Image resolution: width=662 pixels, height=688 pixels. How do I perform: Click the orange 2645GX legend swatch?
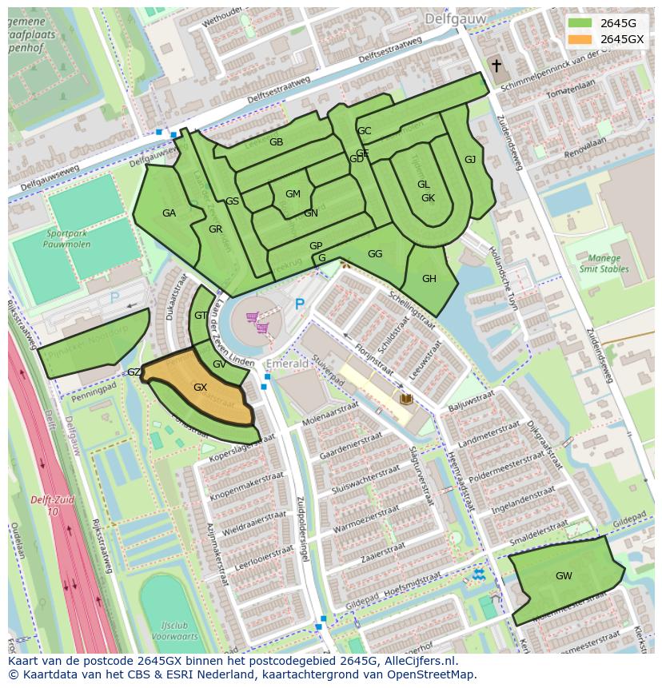click(x=580, y=39)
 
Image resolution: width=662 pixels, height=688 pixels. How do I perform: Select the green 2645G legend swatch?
click(x=580, y=23)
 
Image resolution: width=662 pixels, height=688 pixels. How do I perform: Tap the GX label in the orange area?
click(x=200, y=388)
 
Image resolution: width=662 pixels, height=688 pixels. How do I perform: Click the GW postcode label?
click(x=564, y=575)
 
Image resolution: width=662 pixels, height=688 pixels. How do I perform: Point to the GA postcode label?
click(x=169, y=213)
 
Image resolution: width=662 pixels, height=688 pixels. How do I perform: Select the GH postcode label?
click(x=429, y=279)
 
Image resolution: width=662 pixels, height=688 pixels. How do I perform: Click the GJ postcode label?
click(x=470, y=160)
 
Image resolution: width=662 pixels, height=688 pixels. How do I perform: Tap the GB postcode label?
click(x=276, y=142)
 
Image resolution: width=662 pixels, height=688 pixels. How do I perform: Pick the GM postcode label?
click(x=293, y=194)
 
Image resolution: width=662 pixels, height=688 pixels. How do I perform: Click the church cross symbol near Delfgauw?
click(x=496, y=66)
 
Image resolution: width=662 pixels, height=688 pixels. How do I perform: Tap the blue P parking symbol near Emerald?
click(x=300, y=304)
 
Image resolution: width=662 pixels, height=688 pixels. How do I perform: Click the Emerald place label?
click(x=287, y=364)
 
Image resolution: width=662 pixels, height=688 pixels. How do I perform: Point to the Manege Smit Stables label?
click(x=604, y=264)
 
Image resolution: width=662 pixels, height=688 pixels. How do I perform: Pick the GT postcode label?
click(x=201, y=316)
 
